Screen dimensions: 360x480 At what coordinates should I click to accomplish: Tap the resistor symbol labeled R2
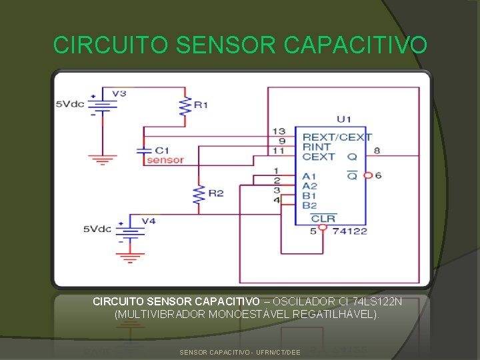(x=198, y=194)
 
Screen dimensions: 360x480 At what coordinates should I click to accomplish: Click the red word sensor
(x=165, y=160)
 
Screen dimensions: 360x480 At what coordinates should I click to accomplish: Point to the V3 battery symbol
(x=102, y=105)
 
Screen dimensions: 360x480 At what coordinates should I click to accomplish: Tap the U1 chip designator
(x=344, y=119)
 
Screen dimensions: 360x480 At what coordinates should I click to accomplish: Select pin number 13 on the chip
(x=279, y=131)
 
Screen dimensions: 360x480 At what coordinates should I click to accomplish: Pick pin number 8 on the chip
(x=377, y=151)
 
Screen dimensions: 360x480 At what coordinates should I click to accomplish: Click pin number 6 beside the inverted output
(x=378, y=175)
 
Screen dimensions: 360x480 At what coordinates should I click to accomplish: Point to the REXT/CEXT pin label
(x=337, y=137)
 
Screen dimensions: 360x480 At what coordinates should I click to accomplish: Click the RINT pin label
(x=317, y=147)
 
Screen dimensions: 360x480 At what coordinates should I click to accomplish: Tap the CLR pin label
(x=323, y=218)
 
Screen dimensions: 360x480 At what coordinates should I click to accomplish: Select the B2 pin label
(x=309, y=206)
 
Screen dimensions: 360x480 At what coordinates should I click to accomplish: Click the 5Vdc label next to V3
(x=69, y=103)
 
